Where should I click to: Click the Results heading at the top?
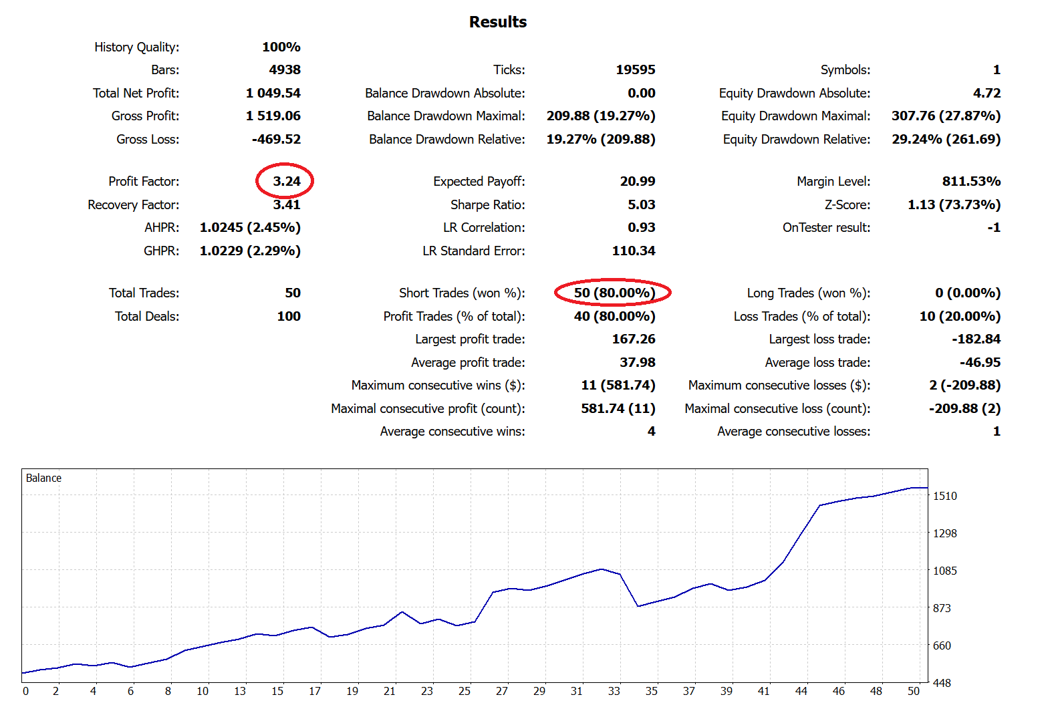point(498,22)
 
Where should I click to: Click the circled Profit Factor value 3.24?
point(286,181)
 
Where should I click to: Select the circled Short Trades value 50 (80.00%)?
point(614,293)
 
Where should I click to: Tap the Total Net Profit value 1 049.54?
point(273,93)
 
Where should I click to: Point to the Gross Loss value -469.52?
point(276,139)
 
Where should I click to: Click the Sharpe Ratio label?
point(487,204)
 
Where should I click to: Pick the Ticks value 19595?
point(635,69)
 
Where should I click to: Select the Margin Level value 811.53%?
point(971,181)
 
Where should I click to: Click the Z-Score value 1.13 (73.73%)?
point(954,204)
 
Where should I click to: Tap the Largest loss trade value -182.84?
point(976,339)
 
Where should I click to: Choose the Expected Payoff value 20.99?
point(637,181)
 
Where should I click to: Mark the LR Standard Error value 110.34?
point(633,251)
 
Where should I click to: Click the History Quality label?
point(136,47)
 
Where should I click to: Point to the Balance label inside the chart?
point(43,478)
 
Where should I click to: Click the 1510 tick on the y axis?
point(944,496)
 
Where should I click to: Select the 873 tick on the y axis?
point(942,608)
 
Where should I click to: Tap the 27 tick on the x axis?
point(501,691)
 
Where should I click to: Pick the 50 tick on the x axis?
point(913,691)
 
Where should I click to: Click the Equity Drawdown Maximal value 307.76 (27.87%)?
point(946,116)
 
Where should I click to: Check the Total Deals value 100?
point(289,316)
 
